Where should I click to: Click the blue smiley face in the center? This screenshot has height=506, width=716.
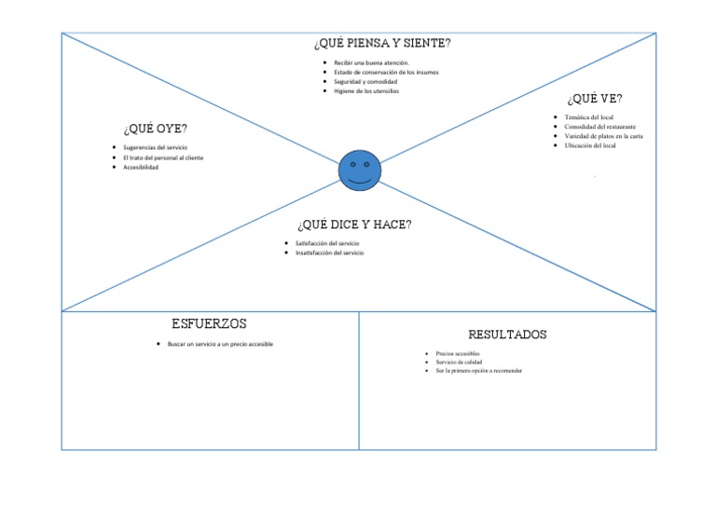359,170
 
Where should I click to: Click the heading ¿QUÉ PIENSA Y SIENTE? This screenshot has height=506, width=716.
383,43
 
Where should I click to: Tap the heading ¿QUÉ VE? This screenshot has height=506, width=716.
595,99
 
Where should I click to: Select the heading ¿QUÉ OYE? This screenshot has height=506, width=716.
154,129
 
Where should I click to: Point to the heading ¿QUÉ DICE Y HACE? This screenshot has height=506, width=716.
354,225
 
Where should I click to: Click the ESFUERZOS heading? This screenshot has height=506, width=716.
209,323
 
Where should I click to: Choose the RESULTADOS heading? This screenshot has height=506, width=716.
507,334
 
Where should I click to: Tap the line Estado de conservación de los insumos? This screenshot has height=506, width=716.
386,72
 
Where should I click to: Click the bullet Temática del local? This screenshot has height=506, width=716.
588,117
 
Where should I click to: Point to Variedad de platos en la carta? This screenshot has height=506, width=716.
603,136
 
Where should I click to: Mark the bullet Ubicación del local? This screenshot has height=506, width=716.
590,145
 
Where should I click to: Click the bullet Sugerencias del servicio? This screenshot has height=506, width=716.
155,148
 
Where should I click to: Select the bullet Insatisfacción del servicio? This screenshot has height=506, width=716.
330,253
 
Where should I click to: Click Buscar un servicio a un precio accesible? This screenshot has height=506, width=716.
220,344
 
